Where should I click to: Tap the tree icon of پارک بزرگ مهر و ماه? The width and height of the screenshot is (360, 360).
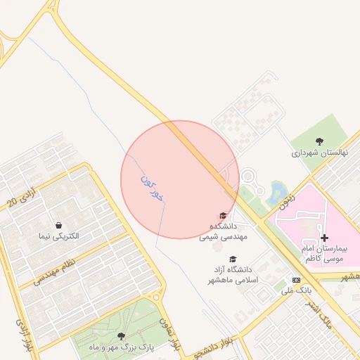121,336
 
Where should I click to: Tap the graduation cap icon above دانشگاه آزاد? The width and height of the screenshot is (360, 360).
233,258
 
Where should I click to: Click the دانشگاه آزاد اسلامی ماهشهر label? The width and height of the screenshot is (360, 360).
233,274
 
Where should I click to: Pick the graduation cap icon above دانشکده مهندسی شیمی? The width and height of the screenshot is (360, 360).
224,215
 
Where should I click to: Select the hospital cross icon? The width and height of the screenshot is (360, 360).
323,238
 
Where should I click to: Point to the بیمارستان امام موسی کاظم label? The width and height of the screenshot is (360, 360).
331,254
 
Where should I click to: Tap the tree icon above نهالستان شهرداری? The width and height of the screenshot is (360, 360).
319,141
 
